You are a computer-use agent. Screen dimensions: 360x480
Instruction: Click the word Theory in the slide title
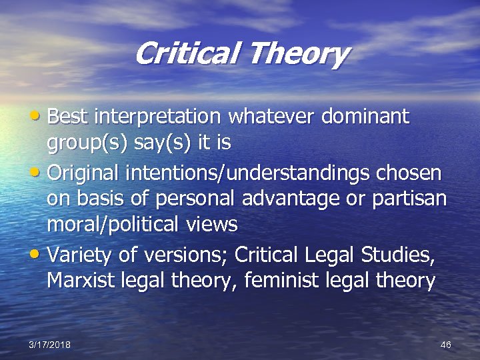click(x=298, y=53)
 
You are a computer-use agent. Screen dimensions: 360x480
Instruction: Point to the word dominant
click(x=364, y=117)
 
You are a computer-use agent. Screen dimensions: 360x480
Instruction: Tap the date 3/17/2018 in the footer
click(x=49, y=345)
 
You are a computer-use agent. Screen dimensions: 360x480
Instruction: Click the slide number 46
click(x=446, y=345)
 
